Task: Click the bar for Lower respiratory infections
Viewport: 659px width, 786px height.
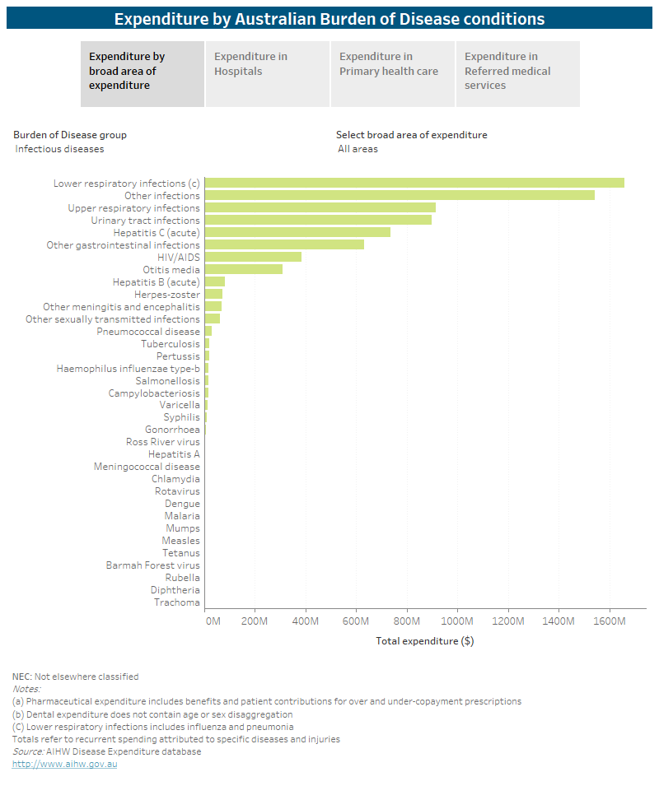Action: [414, 183]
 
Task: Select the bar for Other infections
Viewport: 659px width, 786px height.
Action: [400, 195]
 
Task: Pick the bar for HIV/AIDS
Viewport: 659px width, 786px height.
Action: [253, 257]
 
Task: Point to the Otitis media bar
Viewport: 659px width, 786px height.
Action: [243, 269]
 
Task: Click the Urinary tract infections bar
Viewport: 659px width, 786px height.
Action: [318, 220]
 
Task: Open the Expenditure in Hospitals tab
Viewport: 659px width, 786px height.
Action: [268, 73]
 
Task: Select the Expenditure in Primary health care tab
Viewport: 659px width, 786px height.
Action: [393, 73]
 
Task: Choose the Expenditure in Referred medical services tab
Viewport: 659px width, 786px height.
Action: [518, 73]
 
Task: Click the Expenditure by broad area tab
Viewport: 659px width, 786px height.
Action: [143, 73]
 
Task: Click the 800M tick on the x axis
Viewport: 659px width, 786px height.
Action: [407, 621]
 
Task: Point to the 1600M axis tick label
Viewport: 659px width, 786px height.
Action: [610, 621]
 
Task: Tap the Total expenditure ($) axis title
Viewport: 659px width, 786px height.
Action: [424, 640]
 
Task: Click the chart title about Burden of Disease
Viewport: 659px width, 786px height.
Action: [329, 18]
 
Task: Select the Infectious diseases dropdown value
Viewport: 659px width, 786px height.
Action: [60, 149]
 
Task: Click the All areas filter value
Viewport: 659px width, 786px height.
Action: [358, 149]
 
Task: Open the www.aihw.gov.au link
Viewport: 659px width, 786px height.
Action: [65, 764]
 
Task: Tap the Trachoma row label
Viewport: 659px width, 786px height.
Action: [176, 602]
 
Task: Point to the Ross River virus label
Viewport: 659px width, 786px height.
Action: [162, 442]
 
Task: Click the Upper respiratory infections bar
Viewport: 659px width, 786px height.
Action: [320, 207]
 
